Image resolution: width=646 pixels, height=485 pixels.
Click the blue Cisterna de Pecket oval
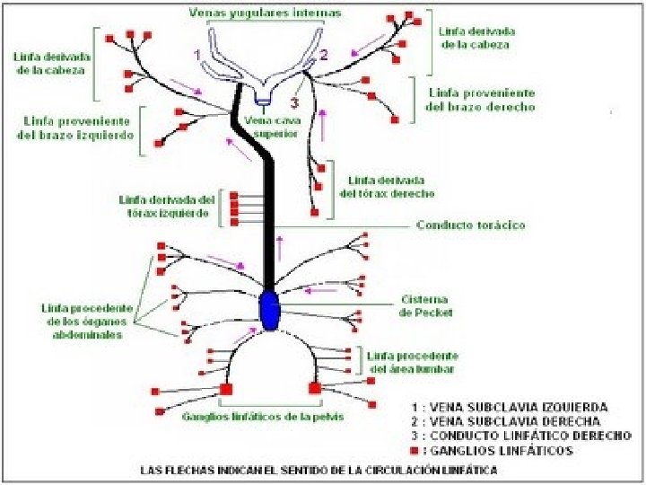[269, 310]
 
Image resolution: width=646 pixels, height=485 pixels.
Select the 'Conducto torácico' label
[470, 225]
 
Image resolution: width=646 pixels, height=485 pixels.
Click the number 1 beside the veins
[196, 55]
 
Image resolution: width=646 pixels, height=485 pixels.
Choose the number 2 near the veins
[323, 55]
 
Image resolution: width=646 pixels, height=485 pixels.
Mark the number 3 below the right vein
[294, 77]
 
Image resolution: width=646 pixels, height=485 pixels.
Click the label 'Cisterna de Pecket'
[425, 305]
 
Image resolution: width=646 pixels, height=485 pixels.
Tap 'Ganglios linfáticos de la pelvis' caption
[262, 417]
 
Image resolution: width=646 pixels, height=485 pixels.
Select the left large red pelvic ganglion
[226, 389]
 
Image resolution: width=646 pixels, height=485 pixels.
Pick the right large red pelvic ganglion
[315, 389]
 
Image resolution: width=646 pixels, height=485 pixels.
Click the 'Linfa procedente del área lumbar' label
[414, 362]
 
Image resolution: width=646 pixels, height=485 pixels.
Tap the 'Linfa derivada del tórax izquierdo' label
[167, 207]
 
